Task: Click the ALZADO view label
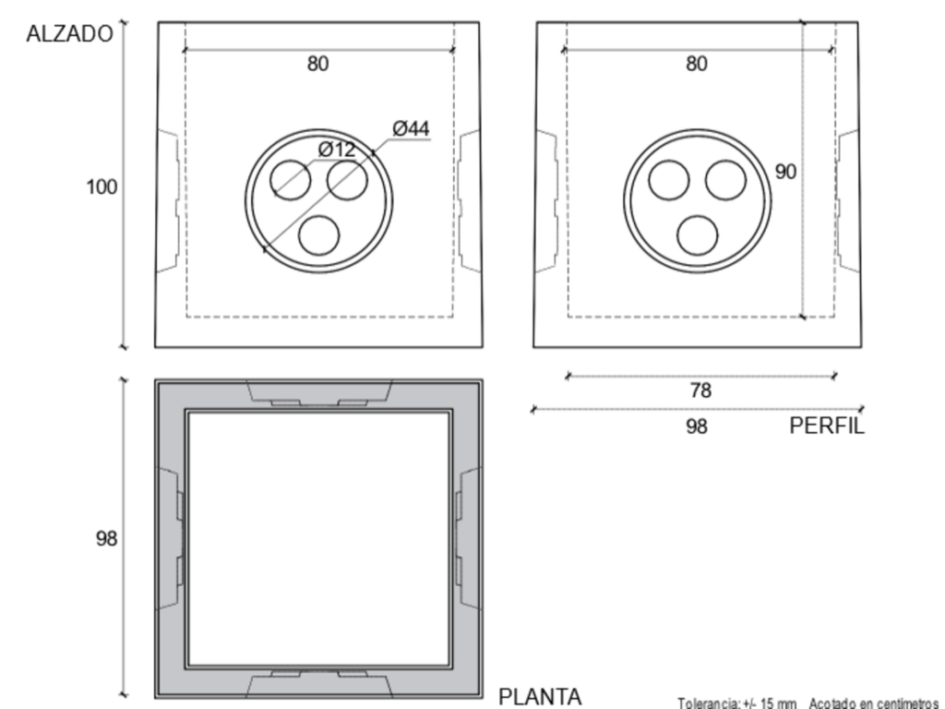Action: coord(69,34)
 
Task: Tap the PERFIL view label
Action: coord(827,427)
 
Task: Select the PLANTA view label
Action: coord(540,697)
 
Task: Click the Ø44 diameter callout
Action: coord(411,128)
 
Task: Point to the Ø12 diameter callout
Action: coord(337,150)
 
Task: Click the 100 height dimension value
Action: coord(102,187)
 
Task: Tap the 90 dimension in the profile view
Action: coord(785,172)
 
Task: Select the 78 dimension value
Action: coord(700,391)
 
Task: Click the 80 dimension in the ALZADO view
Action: coord(318,64)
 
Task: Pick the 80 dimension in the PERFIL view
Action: coord(697,64)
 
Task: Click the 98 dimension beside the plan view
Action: coord(107,538)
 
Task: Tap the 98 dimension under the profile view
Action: coord(697,427)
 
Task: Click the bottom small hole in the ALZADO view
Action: coord(318,235)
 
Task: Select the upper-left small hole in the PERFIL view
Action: coord(669,180)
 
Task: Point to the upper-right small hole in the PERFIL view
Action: coord(725,180)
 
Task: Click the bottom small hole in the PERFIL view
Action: coord(698,235)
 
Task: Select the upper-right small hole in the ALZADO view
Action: coord(347,180)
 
